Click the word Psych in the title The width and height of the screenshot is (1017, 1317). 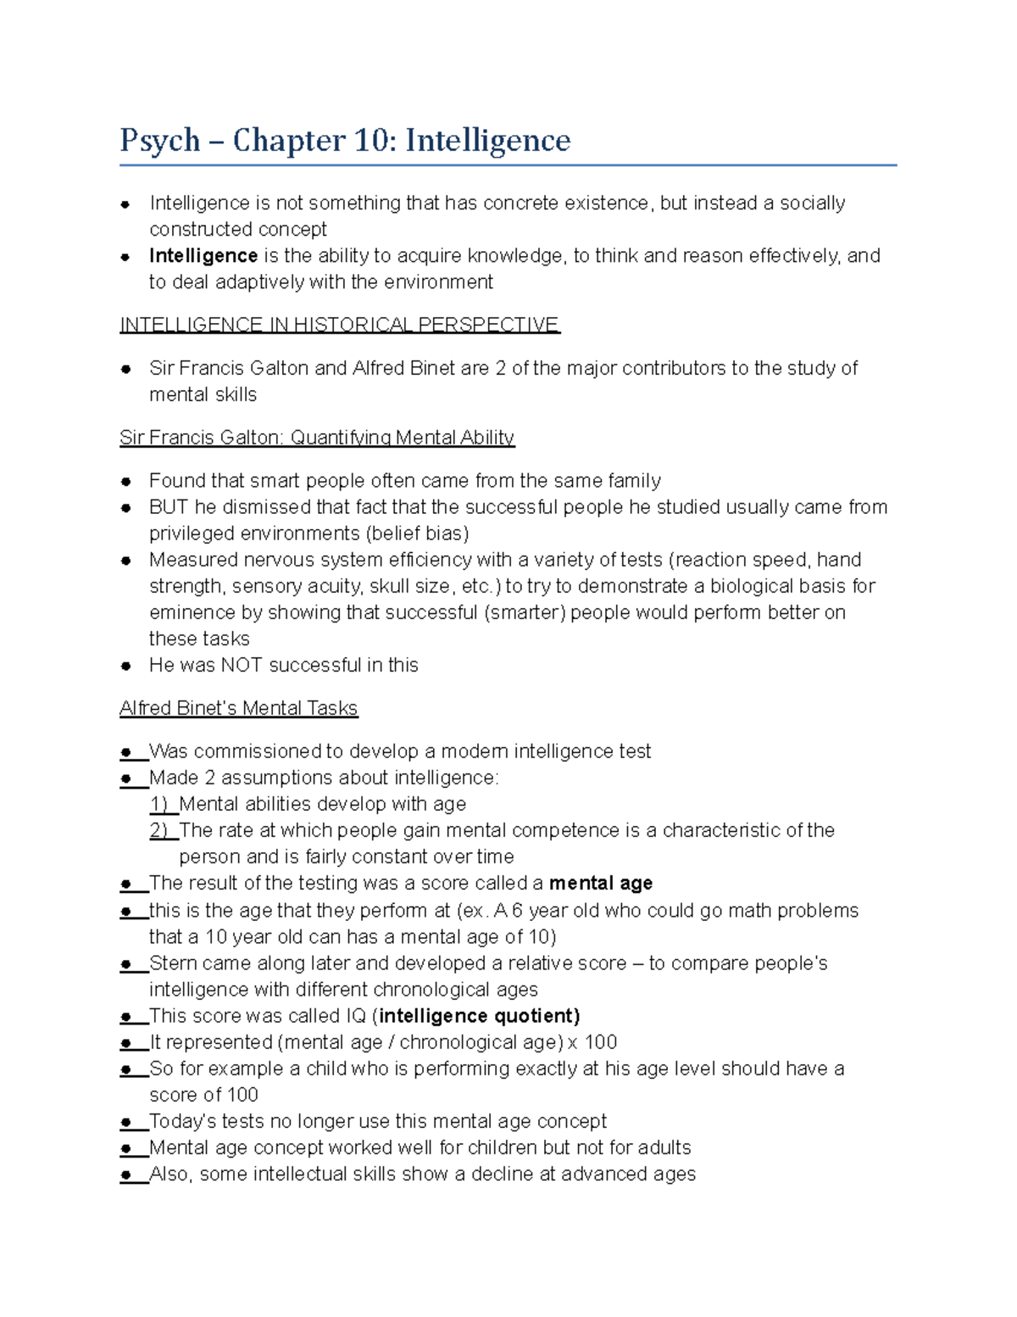coord(160,141)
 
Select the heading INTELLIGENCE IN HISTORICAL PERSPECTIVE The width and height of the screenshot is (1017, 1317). coord(340,325)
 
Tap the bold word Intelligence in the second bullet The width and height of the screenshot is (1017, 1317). coord(203,255)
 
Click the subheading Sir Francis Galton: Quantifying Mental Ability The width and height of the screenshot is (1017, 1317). coord(317,438)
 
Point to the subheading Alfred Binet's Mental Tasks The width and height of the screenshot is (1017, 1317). coord(239,708)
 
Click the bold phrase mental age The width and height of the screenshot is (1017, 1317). coord(601,884)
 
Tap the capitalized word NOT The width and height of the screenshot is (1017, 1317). coord(242,665)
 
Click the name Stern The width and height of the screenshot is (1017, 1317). coord(172,963)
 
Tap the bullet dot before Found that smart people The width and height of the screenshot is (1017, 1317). coord(125,481)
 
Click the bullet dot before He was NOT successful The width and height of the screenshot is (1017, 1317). coord(125,666)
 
